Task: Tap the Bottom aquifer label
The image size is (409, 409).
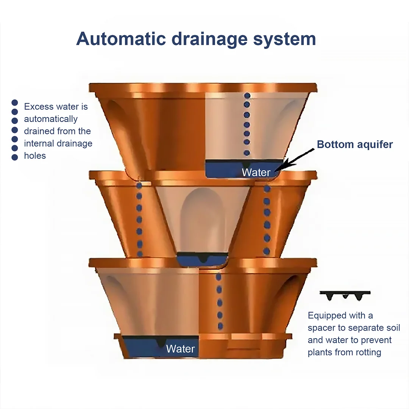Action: pos(355,144)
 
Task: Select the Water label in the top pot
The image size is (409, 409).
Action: pos(256,172)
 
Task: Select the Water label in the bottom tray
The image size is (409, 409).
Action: pos(180,349)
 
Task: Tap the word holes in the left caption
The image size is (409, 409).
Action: pos(35,156)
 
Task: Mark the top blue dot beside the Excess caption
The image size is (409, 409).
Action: pos(15,103)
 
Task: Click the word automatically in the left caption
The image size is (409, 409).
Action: pos(51,119)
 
